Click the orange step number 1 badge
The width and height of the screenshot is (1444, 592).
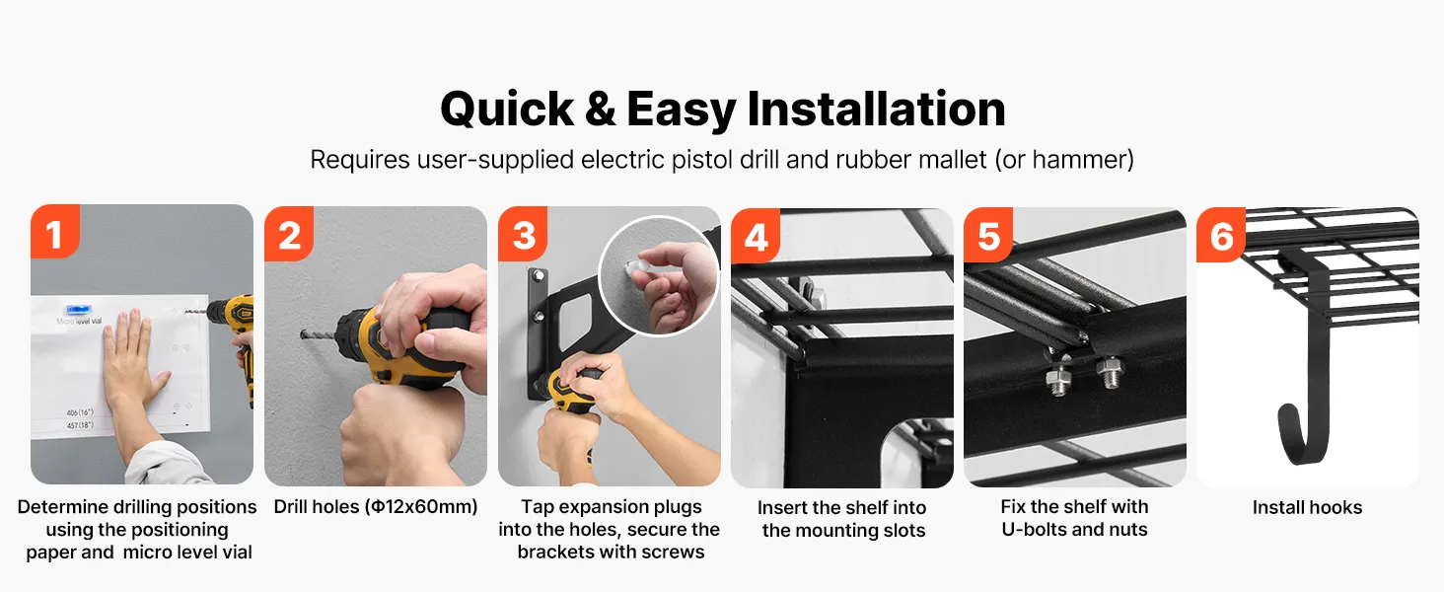click(55, 232)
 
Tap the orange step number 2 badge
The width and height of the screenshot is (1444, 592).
click(289, 234)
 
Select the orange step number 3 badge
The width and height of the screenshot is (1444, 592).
click(523, 234)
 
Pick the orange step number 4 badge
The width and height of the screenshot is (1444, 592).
click(756, 236)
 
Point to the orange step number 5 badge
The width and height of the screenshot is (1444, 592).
click(988, 235)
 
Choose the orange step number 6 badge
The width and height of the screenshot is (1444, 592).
click(1221, 235)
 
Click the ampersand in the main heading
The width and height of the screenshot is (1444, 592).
click(600, 109)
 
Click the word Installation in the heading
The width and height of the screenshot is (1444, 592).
click(876, 109)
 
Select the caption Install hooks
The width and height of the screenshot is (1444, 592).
click(1307, 507)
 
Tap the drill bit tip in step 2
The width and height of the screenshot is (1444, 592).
click(303, 334)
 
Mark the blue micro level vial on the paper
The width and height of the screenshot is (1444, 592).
click(79, 310)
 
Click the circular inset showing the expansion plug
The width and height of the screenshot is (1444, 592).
click(658, 275)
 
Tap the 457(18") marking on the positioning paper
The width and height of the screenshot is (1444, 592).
click(80, 425)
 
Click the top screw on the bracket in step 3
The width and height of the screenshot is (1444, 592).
click(539, 275)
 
